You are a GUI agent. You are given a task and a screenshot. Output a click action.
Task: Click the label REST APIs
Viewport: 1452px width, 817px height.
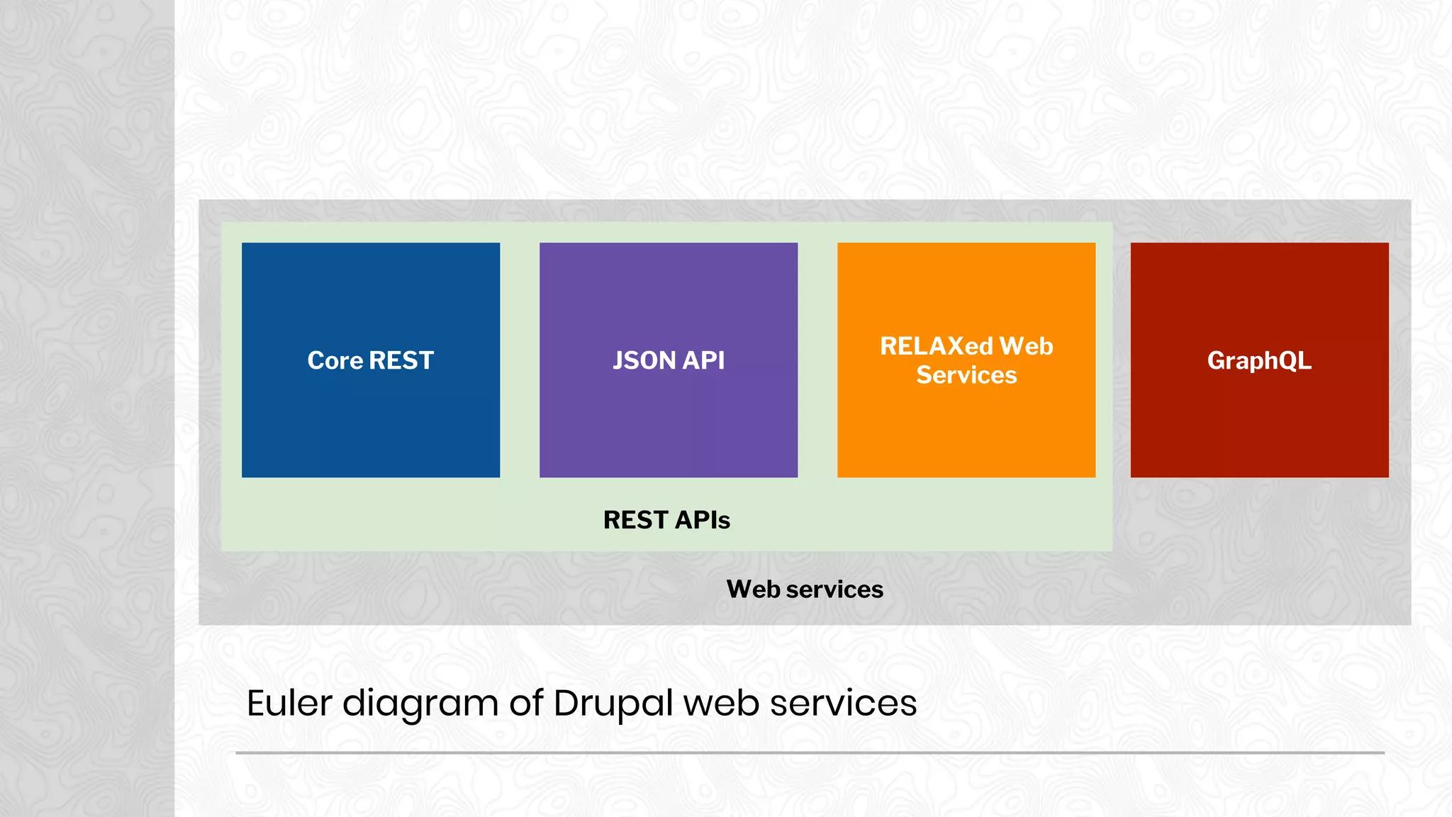(x=666, y=520)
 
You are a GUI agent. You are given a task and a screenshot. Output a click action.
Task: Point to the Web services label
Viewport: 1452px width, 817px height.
(x=805, y=589)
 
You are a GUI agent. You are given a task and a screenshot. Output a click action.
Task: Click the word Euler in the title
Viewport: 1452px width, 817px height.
(x=289, y=703)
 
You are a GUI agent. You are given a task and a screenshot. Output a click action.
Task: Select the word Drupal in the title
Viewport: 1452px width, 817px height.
(x=613, y=703)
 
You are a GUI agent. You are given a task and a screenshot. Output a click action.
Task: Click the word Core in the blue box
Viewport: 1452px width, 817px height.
(x=335, y=360)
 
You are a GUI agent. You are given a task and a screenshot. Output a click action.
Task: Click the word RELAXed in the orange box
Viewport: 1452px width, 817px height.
(x=936, y=346)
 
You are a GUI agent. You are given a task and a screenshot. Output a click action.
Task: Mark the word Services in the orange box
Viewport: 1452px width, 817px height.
(x=966, y=375)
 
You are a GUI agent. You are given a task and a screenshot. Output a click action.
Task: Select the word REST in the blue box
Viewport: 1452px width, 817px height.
(x=401, y=360)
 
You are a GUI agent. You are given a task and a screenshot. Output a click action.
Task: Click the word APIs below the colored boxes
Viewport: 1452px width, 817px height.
(x=702, y=520)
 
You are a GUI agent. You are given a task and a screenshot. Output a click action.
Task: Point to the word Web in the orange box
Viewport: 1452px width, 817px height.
(x=1026, y=346)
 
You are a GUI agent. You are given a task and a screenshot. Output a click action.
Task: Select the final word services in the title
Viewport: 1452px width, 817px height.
(x=843, y=703)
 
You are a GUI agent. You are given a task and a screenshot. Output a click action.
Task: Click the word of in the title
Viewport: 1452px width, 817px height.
(x=526, y=703)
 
